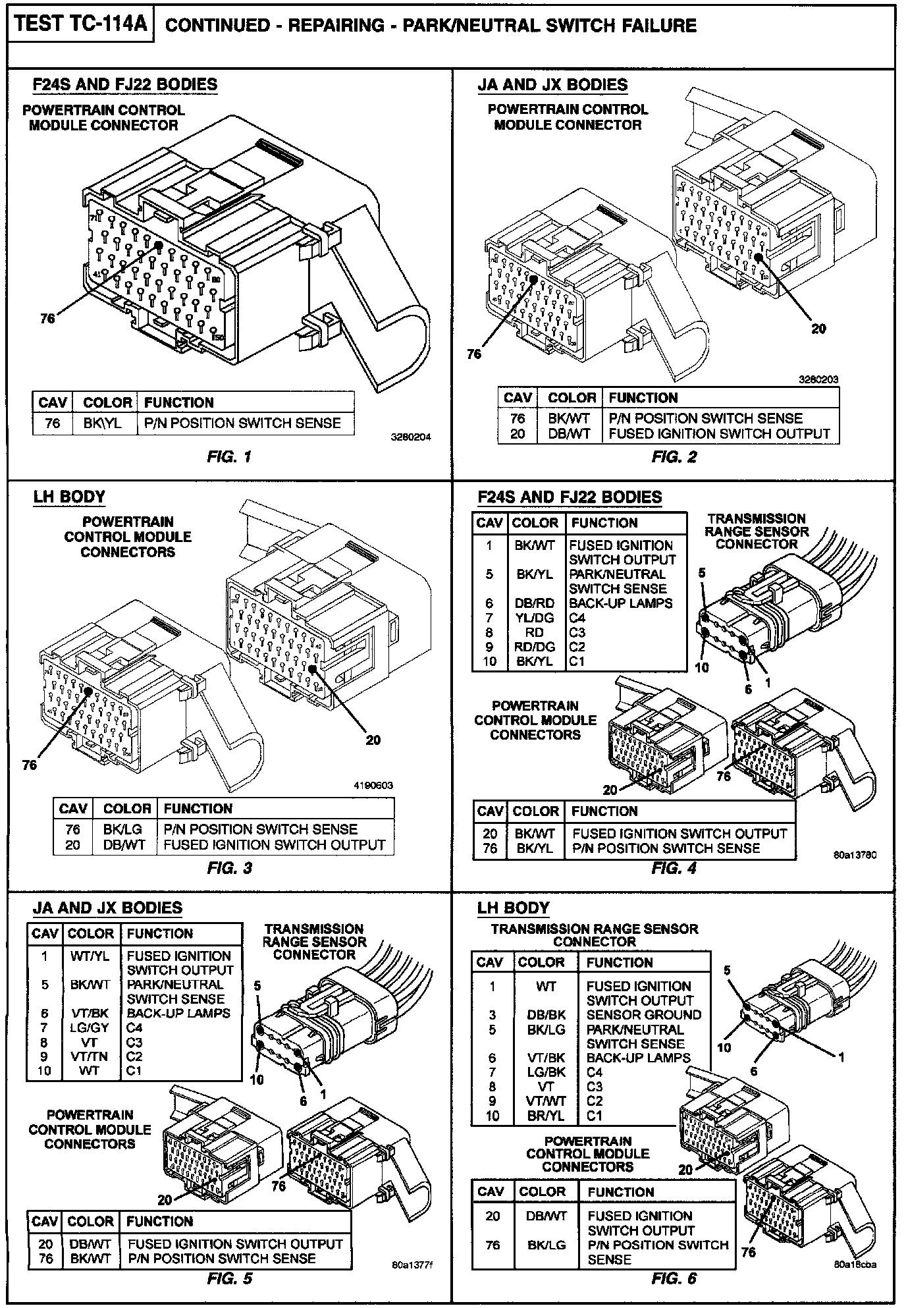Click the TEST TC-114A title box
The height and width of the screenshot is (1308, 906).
click(x=81, y=25)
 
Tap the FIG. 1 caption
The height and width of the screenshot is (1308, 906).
click(x=228, y=456)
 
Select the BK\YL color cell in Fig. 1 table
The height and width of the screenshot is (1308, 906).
click(x=102, y=423)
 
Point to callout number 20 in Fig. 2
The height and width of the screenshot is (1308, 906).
click(x=818, y=329)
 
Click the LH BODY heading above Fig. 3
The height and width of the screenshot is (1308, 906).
click(x=69, y=497)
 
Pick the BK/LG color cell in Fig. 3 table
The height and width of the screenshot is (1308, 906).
click(x=122, y=829)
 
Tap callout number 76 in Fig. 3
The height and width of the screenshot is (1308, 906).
click(x=30, y=765)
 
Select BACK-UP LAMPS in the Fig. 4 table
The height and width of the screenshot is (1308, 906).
click(x=620, y=603)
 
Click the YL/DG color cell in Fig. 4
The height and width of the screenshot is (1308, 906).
click(x=534, y=618)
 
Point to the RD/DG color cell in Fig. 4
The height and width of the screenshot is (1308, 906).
click(x=534, y=647)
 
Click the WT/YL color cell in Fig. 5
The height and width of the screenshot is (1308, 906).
click(x=90, y=956)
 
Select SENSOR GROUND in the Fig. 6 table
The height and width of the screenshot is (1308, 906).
click(x=643, y=1015)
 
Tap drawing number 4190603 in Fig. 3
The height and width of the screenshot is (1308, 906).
click(x=372, y=785)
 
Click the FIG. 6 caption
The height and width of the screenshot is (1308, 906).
click(x=674, y=1279)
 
